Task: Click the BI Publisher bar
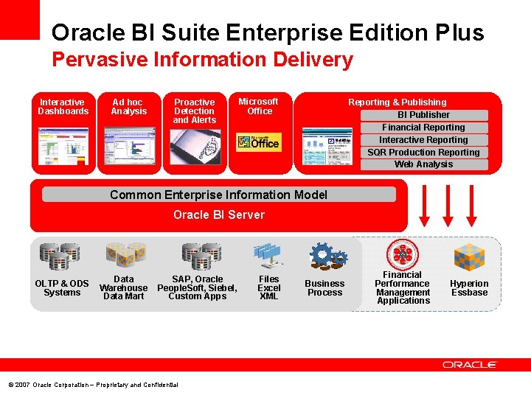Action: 424,115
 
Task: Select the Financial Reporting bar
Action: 424,128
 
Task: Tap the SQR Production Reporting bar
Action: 424,153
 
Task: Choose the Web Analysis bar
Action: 424,164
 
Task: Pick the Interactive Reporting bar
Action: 424,140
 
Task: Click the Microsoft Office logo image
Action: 258,142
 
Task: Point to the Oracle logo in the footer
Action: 470,365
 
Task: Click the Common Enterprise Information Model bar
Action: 219,195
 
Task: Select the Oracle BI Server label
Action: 219,215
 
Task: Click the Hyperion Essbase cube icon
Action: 469,257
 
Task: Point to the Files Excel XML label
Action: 268,287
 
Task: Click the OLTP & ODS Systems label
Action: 62,288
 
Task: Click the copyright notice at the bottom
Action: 93,385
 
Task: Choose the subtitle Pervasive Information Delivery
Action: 202,60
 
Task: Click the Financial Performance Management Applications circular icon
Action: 403,255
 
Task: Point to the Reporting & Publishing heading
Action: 398,102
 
